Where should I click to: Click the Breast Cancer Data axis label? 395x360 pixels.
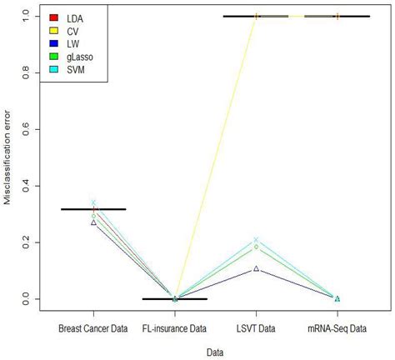(x=93, y=327)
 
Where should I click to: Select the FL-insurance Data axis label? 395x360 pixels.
(x=174, y=327)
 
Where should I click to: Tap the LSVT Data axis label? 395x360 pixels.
(x=256, y=327)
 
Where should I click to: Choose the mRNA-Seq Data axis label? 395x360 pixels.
(x=337, y=327)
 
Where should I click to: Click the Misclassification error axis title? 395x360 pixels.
(x=8, y=158)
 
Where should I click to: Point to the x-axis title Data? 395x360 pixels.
(x=215, y=352)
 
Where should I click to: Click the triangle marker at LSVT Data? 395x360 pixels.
(x=256, y=268)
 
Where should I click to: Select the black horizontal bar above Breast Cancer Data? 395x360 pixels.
(x=93, y=209)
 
